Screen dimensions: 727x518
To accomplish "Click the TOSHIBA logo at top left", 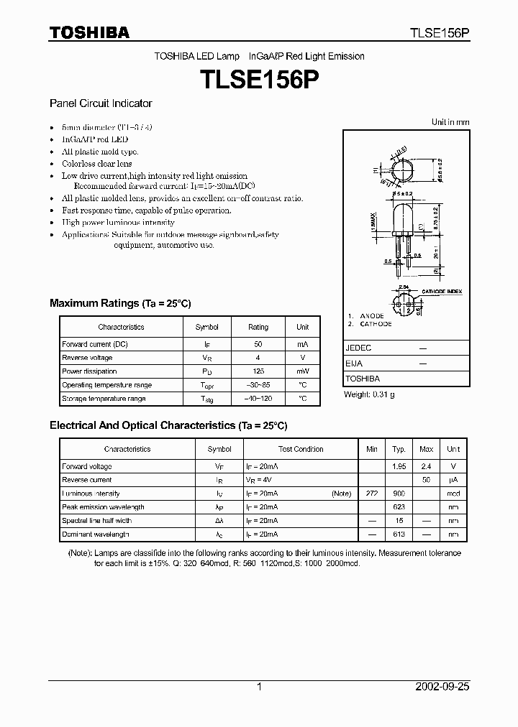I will click(89, 32).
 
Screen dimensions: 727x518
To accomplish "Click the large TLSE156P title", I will click(259, 80).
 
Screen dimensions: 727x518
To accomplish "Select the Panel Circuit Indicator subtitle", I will click(101, 103).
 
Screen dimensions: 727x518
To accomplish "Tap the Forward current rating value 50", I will click(258, 345).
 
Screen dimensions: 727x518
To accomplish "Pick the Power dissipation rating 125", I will click(258, 371).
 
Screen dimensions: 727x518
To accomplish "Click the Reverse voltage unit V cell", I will click(302, 358).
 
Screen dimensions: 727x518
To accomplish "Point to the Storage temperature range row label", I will click(104, 399).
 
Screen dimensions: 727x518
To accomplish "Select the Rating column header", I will click(258, 327).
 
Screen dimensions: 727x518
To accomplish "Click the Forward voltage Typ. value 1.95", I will click(399, 467).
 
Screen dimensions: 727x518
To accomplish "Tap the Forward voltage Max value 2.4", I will click(426, 467).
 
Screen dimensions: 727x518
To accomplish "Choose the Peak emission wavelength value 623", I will click(399, 507).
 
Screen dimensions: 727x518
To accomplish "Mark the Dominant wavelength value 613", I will click(399, 534).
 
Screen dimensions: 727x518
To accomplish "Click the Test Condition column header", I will click(301, 449).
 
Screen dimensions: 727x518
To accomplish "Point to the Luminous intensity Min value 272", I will click(371, 494).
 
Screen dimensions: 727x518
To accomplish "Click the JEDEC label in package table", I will click(358, 348).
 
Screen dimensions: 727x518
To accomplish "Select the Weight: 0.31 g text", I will click(369, 394).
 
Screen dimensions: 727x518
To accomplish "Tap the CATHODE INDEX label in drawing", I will click(442, 292).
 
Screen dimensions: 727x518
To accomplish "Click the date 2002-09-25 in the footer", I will click(442, 687).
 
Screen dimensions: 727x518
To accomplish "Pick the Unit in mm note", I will click(450, 122).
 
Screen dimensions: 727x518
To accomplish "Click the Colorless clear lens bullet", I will click(96, 164).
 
